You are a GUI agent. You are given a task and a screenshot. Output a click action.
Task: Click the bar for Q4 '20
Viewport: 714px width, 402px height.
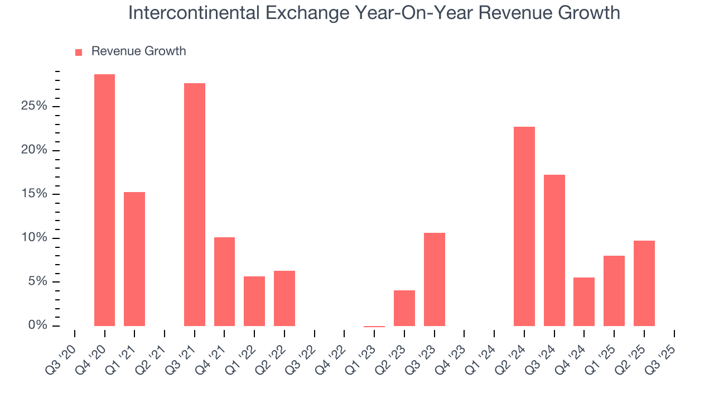click(x=104, y=200)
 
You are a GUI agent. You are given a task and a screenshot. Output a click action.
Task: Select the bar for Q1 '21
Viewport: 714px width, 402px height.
click(x=134, y=259)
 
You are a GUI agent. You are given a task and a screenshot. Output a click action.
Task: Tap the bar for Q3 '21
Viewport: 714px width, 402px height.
click(x=195, y=204)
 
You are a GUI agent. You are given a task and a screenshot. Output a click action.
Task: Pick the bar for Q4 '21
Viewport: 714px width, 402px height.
click(x=224, y=281)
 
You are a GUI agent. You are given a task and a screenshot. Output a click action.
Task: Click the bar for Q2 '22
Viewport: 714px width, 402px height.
click(x=284, y=298)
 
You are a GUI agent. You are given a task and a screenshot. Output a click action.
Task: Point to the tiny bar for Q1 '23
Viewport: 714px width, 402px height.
click(x=374, y=326)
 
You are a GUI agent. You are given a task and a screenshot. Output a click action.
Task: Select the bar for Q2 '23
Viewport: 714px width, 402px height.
click(x=404, y=308)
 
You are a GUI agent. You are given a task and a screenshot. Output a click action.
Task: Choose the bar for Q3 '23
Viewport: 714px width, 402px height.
click(x=435, y=279)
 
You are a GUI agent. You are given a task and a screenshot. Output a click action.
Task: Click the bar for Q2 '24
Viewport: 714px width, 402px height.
click(x=524, y=226)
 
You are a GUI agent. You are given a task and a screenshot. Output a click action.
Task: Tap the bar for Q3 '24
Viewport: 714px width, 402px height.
click(x=554, y=250)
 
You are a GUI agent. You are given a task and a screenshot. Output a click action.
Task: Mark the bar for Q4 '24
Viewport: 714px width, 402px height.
click(x=584, y=301)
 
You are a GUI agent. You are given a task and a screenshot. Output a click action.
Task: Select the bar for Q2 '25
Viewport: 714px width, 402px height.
click(x=644, y=283)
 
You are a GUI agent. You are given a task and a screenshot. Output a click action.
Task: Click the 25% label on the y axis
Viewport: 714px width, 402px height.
click(x=33, y=107)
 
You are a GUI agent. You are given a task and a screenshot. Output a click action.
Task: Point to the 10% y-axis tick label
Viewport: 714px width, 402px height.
click(x=33, y=238)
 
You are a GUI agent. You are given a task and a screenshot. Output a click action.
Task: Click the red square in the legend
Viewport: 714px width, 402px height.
click(x=79, y=52)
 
